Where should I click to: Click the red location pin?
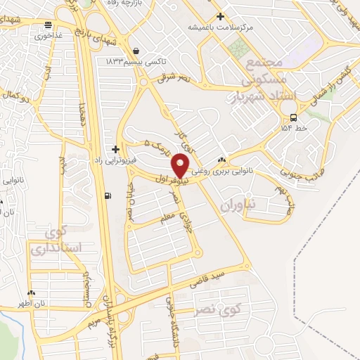click(181, 165)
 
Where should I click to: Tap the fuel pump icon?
click(107, 196)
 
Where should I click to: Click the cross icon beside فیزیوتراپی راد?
click(115, 149)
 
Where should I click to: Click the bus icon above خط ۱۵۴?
click(292, 117)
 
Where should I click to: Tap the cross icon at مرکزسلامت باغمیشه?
click(220, 16)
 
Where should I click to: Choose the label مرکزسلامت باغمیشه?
click(220, 27)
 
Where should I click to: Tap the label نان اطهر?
click(31, 304)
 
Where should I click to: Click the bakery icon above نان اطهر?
click(31, 292)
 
